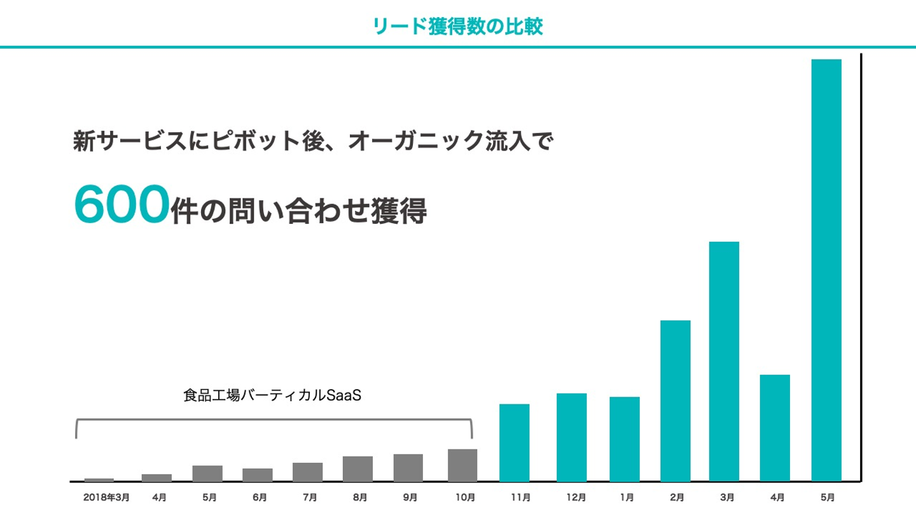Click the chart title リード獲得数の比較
coord(458,26)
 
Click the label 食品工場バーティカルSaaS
coord(272,395)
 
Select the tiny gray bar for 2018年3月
coord(99,480)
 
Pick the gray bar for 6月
coord(258,475)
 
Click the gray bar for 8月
coord(357,469)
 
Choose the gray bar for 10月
coord(462,465)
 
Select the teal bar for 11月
coord(515,443)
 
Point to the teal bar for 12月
coord(571,437)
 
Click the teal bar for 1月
coord(625,439)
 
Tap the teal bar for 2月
coord(676,401)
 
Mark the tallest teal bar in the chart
coord(826,270)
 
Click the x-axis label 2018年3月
coord(106,498)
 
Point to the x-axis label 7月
coord(310,498)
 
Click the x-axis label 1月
coord(626,498)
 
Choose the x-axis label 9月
coord(410,498)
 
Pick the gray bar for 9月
coord(408,467)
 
